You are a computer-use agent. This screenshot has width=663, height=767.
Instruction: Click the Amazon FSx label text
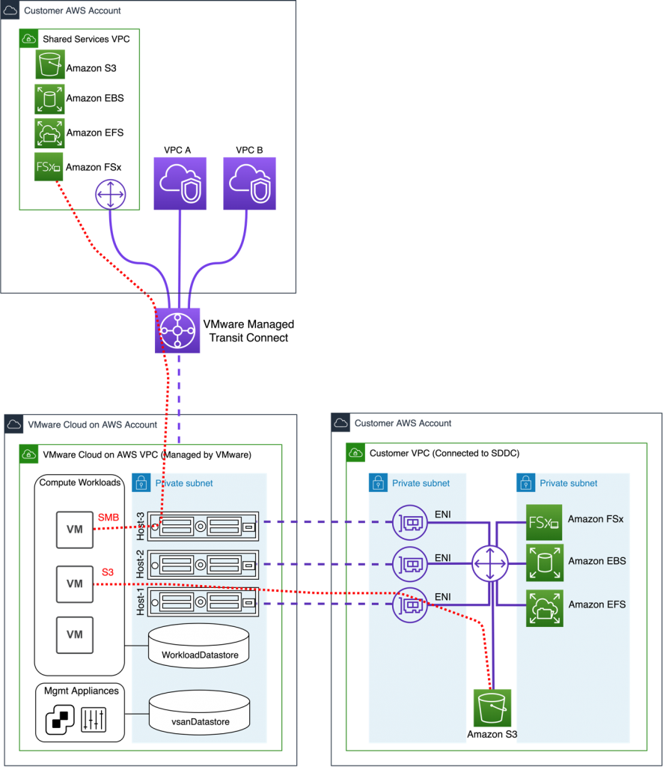pos(595,518)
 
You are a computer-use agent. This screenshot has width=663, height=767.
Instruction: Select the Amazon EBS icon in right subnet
pos(544,563)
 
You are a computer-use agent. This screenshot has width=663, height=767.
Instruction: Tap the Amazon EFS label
pos(596,604)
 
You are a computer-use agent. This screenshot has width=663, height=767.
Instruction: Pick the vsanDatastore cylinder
pos(199,712)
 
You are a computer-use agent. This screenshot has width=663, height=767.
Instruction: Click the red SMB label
pos(108,518)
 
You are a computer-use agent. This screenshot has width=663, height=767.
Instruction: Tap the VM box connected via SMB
pos(75,529)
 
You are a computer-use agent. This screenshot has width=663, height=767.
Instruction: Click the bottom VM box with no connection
pos(75,634)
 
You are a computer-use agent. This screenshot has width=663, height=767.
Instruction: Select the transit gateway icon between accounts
pos(177,330)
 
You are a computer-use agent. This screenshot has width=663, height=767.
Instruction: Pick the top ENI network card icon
pos(411,522)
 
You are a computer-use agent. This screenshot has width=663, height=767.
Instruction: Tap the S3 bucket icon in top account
pos(50,64)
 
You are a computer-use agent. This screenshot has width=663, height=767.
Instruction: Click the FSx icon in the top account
pos(49,166)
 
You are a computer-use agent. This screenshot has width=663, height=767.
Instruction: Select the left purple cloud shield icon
pos(180,184)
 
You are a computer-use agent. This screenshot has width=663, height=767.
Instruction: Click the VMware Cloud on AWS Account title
pos(92,424)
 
